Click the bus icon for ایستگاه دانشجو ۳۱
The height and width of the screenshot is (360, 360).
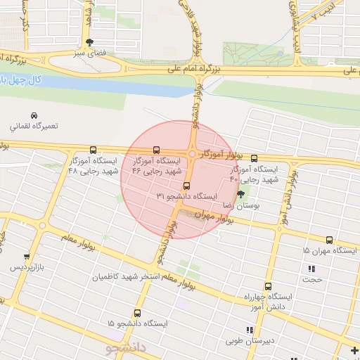click(x=186, y=186)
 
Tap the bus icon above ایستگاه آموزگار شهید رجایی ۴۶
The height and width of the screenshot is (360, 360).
click(x=156, y=150)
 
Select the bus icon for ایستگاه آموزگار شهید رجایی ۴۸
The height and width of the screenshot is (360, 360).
click(x=94, y=150)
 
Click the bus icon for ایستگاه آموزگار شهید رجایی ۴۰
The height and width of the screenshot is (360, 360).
click(x=254, y=158)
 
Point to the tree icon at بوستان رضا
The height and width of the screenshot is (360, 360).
click(x=241, y=194)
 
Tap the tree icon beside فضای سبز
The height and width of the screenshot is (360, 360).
click(x=89, y=42)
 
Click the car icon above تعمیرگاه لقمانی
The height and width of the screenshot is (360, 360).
click(x=34, y=115)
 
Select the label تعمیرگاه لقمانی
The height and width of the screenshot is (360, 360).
click(x=33, y=127)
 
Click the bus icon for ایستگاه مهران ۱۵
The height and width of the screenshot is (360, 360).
click(x=329, y=240)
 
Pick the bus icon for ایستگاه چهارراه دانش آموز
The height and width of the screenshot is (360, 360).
click(x=268, y=286)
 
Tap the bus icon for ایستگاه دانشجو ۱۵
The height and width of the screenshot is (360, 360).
click(x=137, y=314)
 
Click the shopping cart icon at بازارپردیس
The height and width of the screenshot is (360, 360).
click(x=27, y=257)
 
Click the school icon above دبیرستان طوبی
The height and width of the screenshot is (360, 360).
click(x=247, y=330)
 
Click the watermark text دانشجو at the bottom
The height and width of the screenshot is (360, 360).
click(x=126, y=348)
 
